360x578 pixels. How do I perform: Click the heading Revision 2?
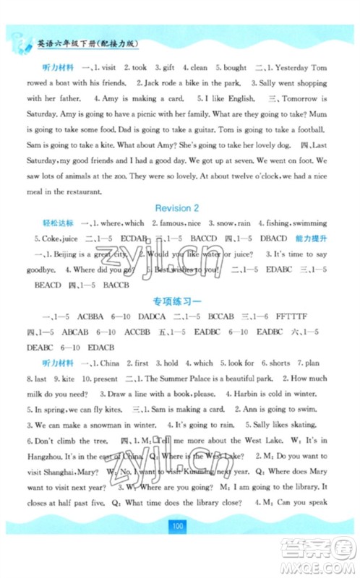[x=179, y=207]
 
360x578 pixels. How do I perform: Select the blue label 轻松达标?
[x=60, y=223]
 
